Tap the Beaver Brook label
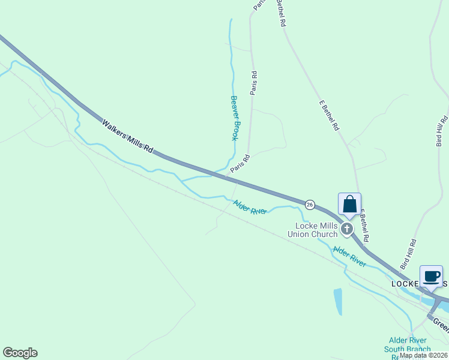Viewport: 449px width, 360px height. coord(235,118)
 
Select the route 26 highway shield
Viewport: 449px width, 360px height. coord(310,205)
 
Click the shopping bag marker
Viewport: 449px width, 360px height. coord(350,205)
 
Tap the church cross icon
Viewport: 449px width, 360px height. coord(346,229)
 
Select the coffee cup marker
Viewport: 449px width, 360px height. coord(431,277)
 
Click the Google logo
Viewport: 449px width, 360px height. coord(20,352)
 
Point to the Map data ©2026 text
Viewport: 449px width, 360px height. coord(423,355)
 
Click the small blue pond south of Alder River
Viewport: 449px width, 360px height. coord(337,301)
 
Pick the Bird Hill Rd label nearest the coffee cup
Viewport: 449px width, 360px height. coord(411,254)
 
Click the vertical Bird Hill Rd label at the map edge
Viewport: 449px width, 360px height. coord(442,130)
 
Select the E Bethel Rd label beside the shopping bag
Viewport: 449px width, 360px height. coord(364,226)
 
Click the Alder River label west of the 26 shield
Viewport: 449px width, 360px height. coord(250,208)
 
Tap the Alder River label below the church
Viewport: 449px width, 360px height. coord(349,256)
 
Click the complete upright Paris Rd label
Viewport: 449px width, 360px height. coord(254,83)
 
